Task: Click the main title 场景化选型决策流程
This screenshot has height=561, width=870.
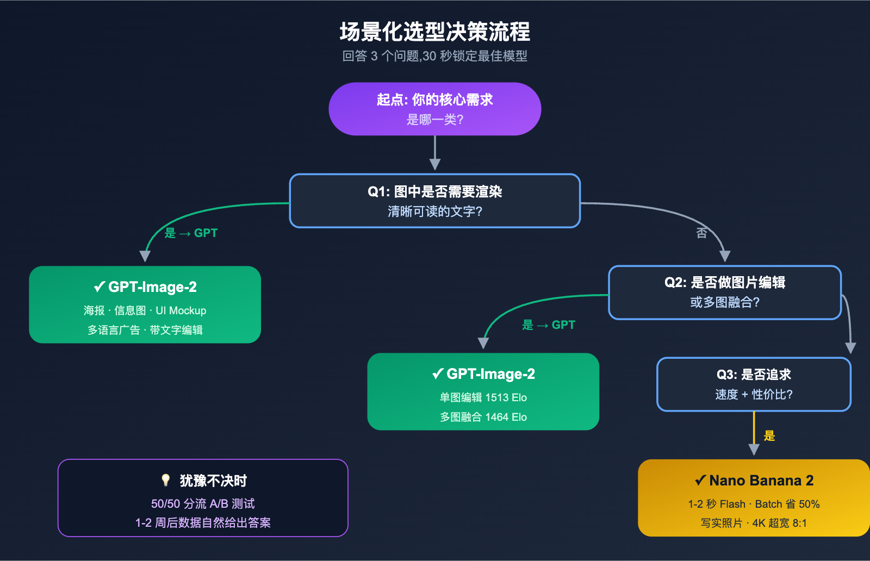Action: [x=434, y=32]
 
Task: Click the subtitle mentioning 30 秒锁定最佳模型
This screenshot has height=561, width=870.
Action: [x=434, y=56]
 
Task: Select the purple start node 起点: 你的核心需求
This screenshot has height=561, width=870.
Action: [x=434, y=109]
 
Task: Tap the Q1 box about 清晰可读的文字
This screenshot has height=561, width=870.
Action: [x=434, y=201]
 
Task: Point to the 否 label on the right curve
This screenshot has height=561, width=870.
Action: [x=701, y=233]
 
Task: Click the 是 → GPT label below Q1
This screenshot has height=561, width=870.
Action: [x=191, y=233]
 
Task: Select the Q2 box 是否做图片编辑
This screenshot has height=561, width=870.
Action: [x=724, y=292]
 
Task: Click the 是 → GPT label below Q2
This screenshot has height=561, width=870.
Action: [x=548, y=325]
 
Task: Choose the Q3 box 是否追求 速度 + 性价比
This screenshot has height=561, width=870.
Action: [x=753, y=384]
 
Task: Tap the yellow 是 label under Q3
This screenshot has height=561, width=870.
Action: [x=769, y=435]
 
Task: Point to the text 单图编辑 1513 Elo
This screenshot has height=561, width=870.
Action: [x=483, y=397]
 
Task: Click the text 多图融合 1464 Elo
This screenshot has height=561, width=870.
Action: [x=483, y=417]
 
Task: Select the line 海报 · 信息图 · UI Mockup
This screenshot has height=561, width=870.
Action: [x=145, y=310]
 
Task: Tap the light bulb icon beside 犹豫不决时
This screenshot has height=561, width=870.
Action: [x=166, y=480]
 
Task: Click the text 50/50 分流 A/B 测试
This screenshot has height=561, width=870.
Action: [x=203, y=503]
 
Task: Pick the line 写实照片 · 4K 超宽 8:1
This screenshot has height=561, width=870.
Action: [x=754, y=523]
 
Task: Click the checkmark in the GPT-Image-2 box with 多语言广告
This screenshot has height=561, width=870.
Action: [x=100, y=286]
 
